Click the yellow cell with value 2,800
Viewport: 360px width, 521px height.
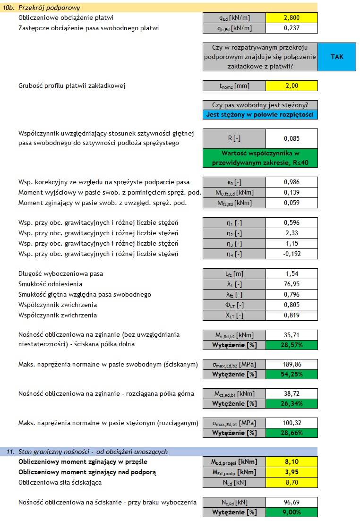coord(291,18)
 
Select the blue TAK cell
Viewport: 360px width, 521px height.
coord(337,57)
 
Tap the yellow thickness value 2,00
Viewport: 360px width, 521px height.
coord(291,86)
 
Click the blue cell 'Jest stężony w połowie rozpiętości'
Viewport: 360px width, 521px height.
coord(260,115)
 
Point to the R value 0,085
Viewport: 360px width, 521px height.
coord(291,139)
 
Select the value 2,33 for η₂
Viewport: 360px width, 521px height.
coord(291,233)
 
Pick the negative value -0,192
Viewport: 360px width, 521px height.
coord(291,254)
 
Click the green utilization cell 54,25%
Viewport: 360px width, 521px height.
coord(291,375)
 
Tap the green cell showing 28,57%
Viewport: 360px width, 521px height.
coord(291,345)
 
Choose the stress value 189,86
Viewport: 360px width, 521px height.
coord(291,364)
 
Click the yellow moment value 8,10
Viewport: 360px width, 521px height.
coord(291,461)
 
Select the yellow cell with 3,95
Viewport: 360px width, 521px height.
coord(291,472)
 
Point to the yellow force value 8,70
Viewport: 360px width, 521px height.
coord(291,482)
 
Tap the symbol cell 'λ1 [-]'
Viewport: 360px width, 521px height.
coord(234,284)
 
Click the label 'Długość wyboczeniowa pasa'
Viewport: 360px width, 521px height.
coord(60,273)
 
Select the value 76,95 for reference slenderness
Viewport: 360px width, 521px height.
coord(291,284)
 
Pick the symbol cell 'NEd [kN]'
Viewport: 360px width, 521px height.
coord(234,482)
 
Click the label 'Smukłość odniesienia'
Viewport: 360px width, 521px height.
coord(50,284)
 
